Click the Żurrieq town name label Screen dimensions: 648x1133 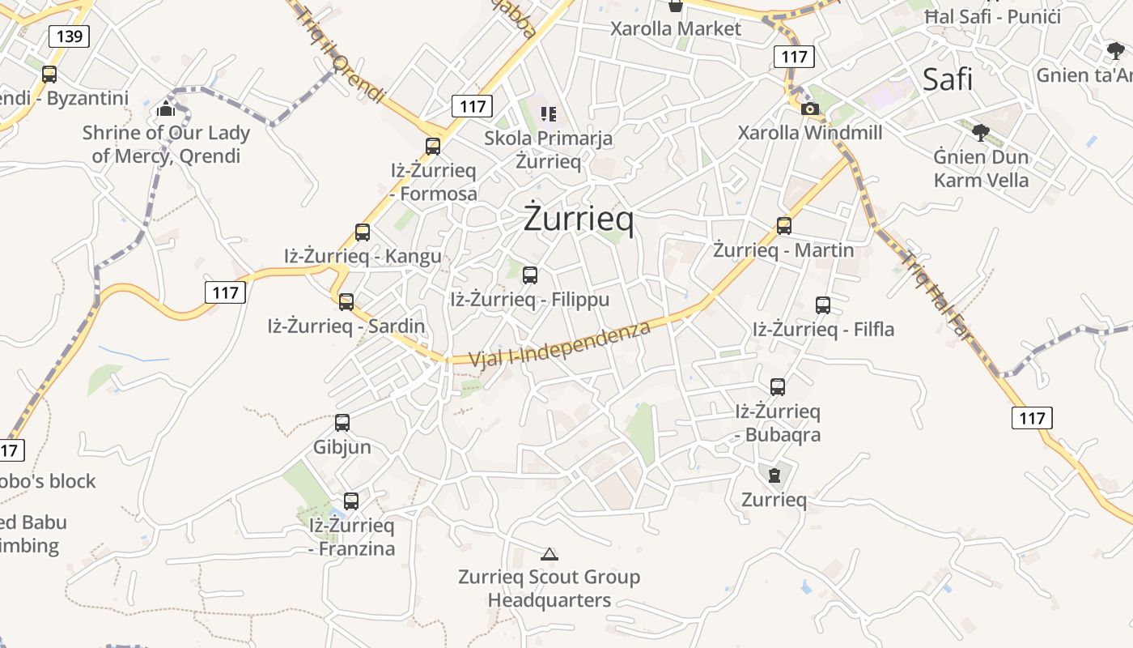point(579,219)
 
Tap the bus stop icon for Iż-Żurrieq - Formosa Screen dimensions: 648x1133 point(433,147)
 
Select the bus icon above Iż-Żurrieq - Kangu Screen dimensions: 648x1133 point(363,232)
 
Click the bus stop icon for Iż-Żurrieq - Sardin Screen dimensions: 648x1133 point(346,302)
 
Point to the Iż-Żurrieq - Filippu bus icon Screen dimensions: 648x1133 point(530,275)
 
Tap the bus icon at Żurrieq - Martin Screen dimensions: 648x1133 point(783,226)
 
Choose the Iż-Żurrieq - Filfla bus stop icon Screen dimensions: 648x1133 point(823,305)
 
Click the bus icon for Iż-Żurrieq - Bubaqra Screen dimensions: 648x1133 point(778,387)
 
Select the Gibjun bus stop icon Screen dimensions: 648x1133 point(342,423)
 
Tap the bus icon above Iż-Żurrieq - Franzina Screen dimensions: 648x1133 point(351,501)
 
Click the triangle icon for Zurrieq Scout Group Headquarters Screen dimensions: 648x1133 point(550,554)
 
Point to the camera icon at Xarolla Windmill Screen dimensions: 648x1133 point(809,109)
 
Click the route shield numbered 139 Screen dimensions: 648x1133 point(69,36)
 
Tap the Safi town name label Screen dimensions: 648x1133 point(948,79)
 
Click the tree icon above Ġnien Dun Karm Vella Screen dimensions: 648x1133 point(981,132)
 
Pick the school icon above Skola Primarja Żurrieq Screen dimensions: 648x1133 point(549,114)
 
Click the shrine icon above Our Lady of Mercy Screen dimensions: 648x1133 point(167,108)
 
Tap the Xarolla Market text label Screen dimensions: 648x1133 point(676,29)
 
